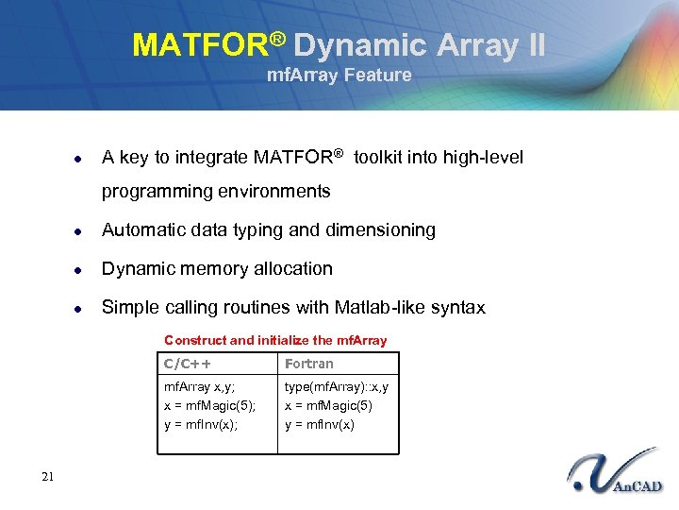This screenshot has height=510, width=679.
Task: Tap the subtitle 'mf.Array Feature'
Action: click(339, 76)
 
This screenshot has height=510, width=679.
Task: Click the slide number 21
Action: click(48, 477)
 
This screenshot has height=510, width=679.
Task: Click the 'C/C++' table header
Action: click(188, 364)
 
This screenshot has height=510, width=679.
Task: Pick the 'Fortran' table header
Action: click(309, 364)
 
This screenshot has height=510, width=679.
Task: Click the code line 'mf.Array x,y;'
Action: click(200, 386)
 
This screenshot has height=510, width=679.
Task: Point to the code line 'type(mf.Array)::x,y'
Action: click(337, 386)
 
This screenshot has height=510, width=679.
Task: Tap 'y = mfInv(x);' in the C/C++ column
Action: click(201, 424)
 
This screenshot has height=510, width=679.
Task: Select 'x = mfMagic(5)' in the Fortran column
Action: click(328, 405)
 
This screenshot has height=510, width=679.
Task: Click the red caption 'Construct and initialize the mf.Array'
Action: click(275, 340)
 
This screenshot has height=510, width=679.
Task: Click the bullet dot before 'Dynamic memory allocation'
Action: click(81, 269)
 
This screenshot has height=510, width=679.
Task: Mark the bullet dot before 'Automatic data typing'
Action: click(81, 230)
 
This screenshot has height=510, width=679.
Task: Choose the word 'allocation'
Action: click(290, 268)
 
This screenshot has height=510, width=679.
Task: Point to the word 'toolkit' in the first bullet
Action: click(380, 157)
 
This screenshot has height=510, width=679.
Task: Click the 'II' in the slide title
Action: click(533, 45)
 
